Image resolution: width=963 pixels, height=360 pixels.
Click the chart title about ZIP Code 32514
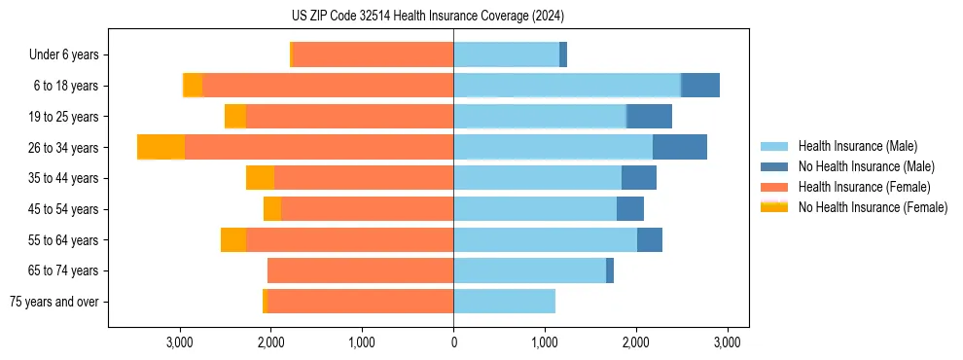pos(454,17)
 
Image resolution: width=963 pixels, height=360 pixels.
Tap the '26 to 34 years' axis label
pos(64,148)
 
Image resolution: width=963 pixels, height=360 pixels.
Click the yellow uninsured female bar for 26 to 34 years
pos(161,147)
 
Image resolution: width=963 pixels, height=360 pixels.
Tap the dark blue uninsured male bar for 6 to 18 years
pos(700,85)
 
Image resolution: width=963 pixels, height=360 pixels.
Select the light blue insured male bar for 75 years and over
pos(504,302)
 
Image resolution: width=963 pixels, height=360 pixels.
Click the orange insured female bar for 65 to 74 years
pos(360,270)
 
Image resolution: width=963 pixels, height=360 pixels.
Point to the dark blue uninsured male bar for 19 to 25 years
pos(649,116)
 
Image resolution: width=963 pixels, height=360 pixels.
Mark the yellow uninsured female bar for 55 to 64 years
pos(233,239)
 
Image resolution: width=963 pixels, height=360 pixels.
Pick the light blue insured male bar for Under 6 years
pos(506,54)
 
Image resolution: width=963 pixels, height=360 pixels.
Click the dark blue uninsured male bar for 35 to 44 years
pos(639,178)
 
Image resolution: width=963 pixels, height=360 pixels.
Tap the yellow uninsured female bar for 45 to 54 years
pos(272,208)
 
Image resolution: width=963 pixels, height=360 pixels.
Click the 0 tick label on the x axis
pos(453,342)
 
